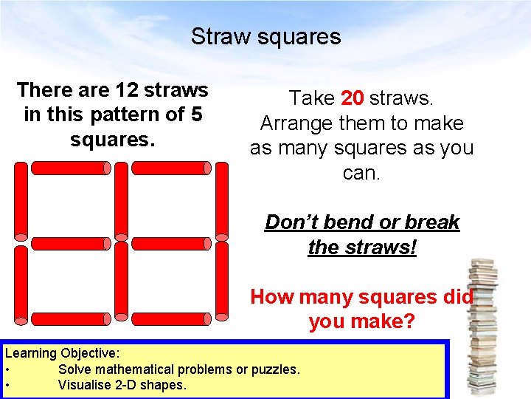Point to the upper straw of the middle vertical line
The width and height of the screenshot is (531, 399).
[121, 202]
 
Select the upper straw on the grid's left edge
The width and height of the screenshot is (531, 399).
[21, 202]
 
